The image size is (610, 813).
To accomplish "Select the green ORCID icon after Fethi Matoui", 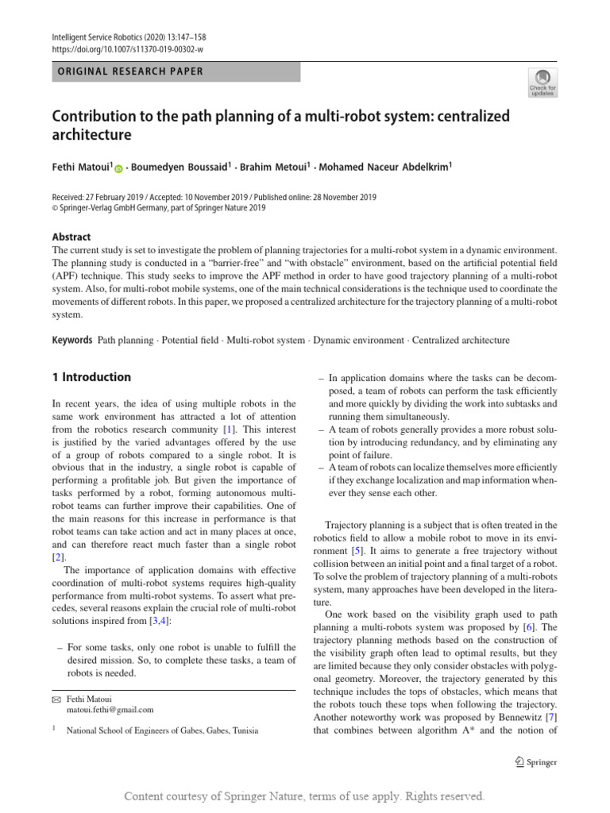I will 119,168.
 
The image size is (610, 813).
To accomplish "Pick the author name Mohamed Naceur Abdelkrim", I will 386,168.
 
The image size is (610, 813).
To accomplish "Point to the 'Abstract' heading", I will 71,237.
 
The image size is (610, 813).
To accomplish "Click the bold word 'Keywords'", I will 73,341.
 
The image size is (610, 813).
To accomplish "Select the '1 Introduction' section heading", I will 91,377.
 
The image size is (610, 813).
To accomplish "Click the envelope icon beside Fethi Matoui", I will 56,699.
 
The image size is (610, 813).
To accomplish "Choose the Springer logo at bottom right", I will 535,762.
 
